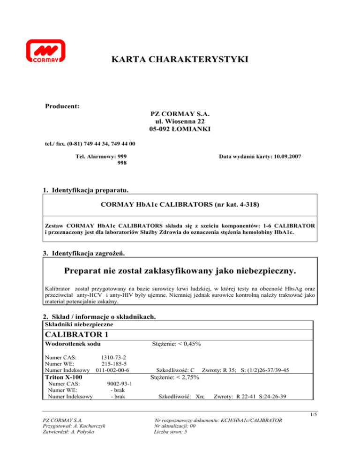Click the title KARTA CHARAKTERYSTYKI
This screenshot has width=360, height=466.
click(180, 60)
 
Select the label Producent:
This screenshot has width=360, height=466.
click(61, 107)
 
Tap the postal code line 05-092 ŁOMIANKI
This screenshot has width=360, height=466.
click(180, 129)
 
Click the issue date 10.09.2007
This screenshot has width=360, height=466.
click(285, 156)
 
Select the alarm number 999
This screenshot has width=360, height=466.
click(120, 156)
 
